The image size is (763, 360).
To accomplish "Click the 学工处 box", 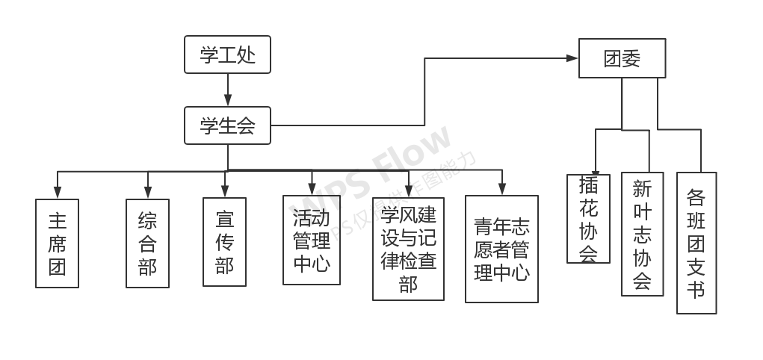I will click(x=227, y=55).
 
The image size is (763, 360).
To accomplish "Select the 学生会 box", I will click(x=227, y=125).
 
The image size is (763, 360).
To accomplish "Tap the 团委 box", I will click(x=622, y=58).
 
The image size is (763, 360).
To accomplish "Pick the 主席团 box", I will click(x=58, y=243).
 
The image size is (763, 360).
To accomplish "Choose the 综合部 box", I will click(x=147, y=243).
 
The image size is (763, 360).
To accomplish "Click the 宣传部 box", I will click(x=224, y=242).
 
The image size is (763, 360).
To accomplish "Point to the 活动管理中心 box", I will click(x=312, y=240).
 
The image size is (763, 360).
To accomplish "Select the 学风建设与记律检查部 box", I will click(x=408, y=249).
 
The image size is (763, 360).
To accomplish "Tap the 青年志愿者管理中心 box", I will click(x=501, y=249).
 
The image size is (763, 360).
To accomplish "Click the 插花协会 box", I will click(x=588, y=219).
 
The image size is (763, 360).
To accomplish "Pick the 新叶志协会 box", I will click(x=642, y=234).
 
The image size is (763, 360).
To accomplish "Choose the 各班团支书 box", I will click(x=696, y=243).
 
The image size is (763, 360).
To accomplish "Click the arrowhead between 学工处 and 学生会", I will click(x=228, y=101).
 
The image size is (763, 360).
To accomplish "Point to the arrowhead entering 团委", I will click(x=572, y=58).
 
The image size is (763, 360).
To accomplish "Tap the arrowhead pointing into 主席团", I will click(x=58, y=193).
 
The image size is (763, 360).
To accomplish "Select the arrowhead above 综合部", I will click(x=148, y=193).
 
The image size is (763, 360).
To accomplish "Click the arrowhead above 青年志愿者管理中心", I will click(x=501, y=190).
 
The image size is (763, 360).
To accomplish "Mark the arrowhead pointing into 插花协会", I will click(x=596, y=170).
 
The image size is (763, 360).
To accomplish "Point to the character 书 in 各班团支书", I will click(x=696, y=289).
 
